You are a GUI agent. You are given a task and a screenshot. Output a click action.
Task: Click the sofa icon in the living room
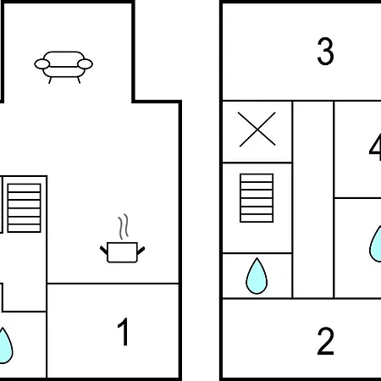63,67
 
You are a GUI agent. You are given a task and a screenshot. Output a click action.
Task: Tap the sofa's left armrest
42,64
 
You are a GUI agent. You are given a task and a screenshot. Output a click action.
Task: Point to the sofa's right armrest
85,64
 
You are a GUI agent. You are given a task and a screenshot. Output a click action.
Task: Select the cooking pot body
122,252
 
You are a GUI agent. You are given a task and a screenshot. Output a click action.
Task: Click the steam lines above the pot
124,226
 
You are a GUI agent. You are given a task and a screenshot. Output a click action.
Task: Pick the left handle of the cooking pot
103,250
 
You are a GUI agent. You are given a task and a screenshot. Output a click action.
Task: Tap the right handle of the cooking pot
141,250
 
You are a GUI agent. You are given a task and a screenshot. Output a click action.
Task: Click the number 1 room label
124,332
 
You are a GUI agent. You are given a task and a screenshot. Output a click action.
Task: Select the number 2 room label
325,340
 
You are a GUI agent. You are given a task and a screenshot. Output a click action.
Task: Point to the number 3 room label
325,51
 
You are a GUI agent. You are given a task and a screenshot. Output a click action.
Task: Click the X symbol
257,130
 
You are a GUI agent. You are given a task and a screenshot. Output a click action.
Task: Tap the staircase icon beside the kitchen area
25,208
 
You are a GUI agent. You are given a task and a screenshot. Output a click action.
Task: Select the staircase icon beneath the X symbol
257,198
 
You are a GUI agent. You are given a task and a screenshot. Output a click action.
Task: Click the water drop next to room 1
5,345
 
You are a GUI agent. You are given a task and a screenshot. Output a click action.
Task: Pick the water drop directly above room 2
257,277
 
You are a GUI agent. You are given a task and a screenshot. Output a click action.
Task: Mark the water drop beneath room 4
376,244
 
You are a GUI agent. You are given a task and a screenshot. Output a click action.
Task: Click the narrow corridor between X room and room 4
313,200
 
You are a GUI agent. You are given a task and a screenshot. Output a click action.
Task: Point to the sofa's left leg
50,80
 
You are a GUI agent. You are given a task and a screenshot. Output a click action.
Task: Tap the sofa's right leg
79,80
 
